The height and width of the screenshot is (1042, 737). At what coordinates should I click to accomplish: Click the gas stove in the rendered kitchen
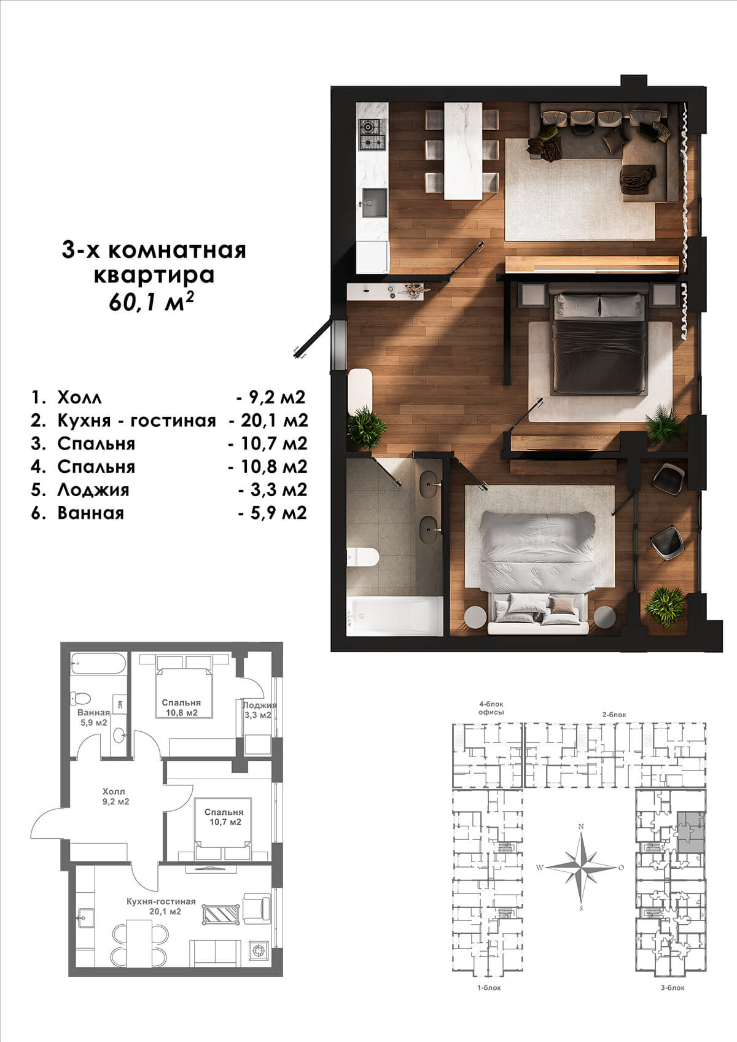[372, 134]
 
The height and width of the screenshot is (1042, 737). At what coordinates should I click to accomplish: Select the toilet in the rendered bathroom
[363, 558]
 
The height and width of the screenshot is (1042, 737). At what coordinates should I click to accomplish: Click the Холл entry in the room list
[80, 398]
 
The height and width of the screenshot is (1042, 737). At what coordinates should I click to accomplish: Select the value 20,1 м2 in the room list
[275, 421]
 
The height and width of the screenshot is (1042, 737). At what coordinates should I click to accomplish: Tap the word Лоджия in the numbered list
[93, 490]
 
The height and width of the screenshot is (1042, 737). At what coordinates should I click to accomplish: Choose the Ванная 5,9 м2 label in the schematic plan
[93, 717]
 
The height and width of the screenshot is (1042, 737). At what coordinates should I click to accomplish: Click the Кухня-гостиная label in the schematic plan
[161, 901]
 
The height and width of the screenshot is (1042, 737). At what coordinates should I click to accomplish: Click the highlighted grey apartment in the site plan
[690, 832]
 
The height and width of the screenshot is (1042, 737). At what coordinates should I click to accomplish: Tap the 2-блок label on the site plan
[614, 715]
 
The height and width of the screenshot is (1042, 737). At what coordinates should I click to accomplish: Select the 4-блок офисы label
[491, 708]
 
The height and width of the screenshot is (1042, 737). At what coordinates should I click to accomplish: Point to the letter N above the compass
[580, 826]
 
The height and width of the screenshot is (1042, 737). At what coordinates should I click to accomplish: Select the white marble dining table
[464, 150]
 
